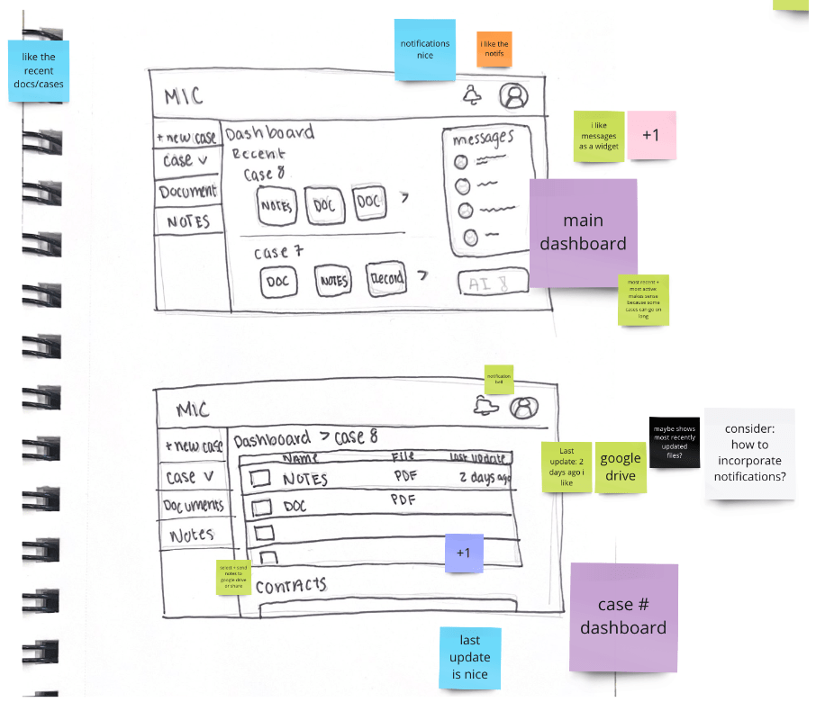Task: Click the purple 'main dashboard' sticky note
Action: click(583, 232)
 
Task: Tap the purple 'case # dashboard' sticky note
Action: click(623, 616)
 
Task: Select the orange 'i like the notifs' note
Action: click(494, 49)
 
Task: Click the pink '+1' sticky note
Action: click(650, 135)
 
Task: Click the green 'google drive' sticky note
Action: click(621, 467)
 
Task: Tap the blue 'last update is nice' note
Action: click(469, 657)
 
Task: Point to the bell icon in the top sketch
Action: click(472, 94)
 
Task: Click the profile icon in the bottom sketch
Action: click(521, 408)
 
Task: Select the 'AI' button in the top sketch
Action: click(492, 283)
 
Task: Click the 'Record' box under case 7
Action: click(385, 280)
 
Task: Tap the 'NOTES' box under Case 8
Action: click(276, 206)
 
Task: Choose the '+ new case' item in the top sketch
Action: click(186, 138)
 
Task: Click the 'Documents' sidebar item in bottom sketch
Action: click(193, 506)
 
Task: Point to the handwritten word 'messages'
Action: click(483, 139)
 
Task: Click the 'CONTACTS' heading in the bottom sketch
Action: click(290, 586)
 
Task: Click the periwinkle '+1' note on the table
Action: click(464, 553)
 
